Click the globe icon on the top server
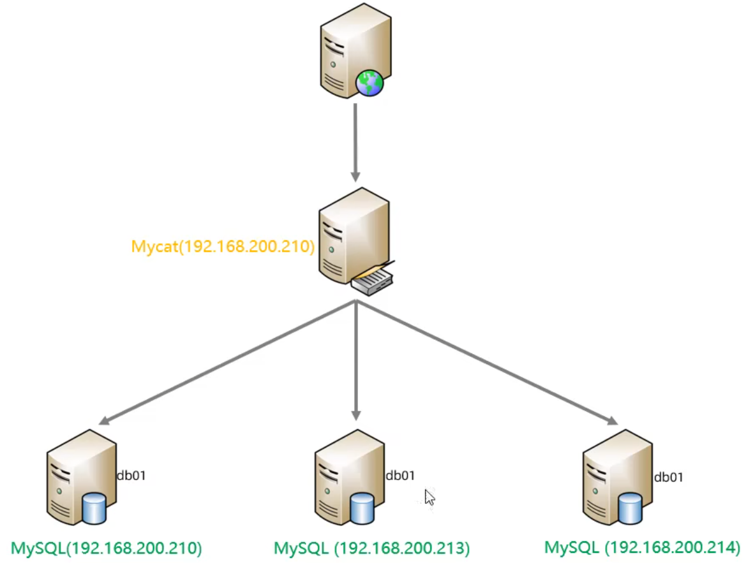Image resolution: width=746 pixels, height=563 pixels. pyautogui.click(x=369, y=83)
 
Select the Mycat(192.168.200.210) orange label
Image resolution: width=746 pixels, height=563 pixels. pyautogui.click(x=223, y=247)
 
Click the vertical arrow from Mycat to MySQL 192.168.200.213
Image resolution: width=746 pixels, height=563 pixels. pyautogui.click(x=356, y=363)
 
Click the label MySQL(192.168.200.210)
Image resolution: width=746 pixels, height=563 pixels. pyautogui.click(x=107, y=548)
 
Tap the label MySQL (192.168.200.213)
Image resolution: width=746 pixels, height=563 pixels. pyautogui.click(x=371, y=548)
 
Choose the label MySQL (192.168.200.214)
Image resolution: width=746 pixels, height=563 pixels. pyautogui.click(x=641, y=547)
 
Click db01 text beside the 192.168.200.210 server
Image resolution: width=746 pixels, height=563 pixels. pyautogui.click(x=131, y=475)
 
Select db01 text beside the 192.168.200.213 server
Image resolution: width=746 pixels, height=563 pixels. pyautogui.click(x=400, y=475)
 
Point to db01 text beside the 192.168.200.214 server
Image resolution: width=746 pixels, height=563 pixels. pyautogui.click(x=668, y=476)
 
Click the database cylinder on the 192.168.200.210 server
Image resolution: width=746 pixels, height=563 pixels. pyautogui.click(x=94, y=508)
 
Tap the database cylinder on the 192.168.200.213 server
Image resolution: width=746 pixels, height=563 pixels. pyautogui.click(x=362, y=508)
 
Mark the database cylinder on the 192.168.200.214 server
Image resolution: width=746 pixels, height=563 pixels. pyautogui.click(x=630, y=508)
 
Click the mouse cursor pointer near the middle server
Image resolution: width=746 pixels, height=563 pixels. pyautogui.click(x=429, y=497)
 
